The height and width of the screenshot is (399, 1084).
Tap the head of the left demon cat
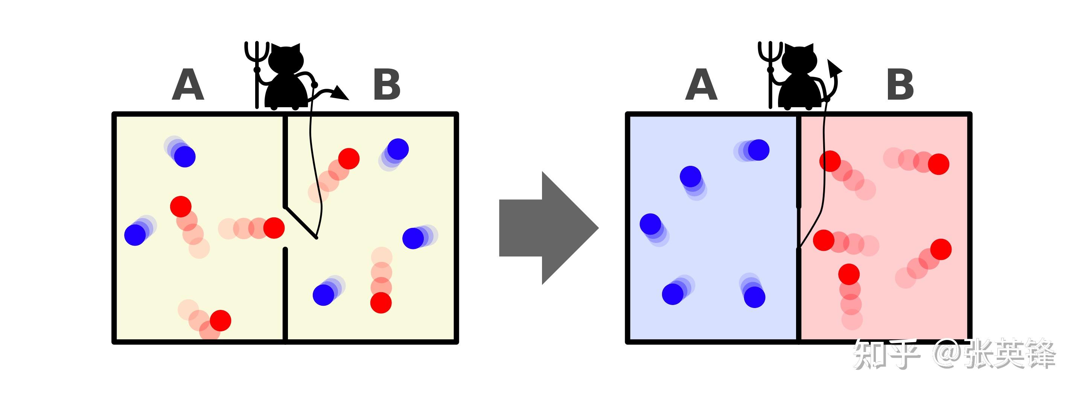(x=286, y=59)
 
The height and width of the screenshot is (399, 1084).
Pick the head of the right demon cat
(x=799, y=59)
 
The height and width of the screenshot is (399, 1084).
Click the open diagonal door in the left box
(x=301, y=222)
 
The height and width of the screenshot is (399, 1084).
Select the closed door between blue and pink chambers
(x=798, y=228)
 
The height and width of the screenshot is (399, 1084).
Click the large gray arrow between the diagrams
(x=549, y=228)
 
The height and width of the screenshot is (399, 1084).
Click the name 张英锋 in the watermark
(x=1010, y=354)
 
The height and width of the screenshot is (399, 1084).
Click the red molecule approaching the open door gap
(x=274, y=228)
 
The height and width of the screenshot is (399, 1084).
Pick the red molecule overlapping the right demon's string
(x=830, y=161)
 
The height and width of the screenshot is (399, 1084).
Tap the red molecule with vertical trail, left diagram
(x=381, y=303)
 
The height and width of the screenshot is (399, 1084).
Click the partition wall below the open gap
(x=285, y=294)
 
